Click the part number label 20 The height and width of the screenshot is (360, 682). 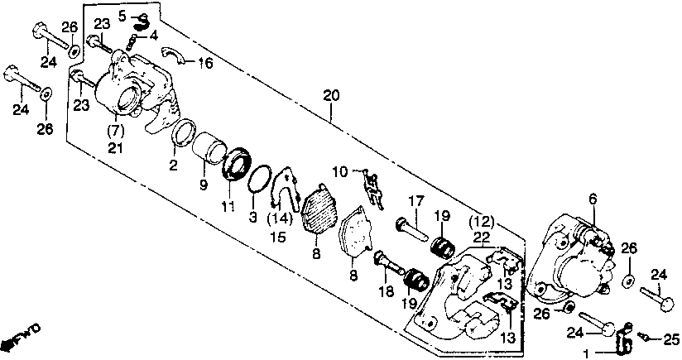[x=330, y=96]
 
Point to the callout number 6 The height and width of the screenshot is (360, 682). [x=592, y=198]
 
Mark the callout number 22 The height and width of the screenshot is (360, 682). [x=482, y=237]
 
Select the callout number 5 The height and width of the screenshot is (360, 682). [x=122, y=15]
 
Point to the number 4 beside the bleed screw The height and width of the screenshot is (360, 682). [x=153, y=35]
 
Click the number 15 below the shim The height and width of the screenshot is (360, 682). [x=278, y=238]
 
